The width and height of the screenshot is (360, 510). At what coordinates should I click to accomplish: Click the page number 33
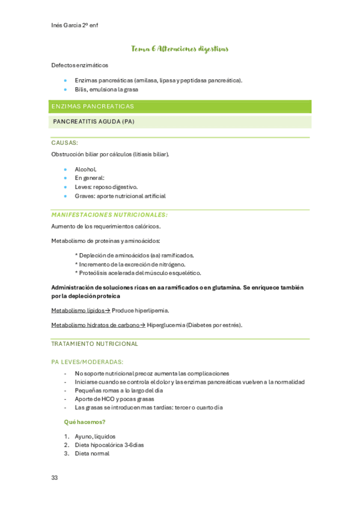tap(54, 478)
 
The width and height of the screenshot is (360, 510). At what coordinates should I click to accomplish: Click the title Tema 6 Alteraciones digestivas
tap(180, 48)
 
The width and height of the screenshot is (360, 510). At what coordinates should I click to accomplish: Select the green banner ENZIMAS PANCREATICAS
tap(93, 106)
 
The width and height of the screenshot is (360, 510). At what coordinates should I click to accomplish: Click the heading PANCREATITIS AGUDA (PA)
tap(94, 121)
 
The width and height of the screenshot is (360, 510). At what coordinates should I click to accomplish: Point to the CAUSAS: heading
tap(64, 143)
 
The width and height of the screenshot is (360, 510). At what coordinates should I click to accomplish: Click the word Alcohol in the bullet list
tap(85, 169)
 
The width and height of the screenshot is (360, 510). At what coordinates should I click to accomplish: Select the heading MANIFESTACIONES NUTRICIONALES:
tap(109, 215)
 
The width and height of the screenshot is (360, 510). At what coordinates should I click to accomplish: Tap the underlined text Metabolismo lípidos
tap(78, 310)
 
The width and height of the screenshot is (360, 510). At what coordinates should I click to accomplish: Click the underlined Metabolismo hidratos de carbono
tap(96, 325)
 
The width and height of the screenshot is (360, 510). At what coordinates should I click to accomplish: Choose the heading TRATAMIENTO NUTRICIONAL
tap(94, 344)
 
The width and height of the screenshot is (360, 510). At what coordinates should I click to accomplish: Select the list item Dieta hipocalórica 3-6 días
tap(109, 445)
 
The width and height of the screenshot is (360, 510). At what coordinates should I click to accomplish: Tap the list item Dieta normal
tap(92, 453)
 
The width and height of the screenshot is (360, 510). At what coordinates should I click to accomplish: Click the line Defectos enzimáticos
tap(80, 65)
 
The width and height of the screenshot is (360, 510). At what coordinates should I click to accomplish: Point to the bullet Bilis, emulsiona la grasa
tap(106, 89)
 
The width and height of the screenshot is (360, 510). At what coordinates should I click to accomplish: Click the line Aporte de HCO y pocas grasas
tap(114, 399)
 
